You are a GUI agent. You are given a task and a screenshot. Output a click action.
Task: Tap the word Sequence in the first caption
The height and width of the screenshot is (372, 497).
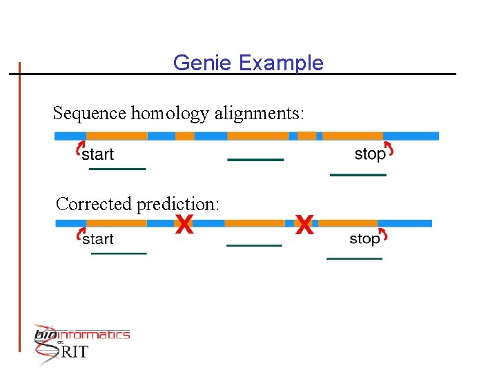(90, 113)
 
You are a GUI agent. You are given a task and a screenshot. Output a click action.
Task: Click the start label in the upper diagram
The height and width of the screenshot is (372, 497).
(98, 154)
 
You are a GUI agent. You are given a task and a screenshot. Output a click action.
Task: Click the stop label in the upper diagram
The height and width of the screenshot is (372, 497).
(370, 154)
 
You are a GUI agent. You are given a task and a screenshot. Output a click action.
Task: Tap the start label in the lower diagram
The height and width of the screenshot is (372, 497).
(98, 239)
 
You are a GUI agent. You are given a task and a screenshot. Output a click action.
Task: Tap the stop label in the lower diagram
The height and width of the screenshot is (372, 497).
(364, 238)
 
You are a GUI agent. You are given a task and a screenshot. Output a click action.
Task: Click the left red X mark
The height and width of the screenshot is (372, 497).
(184, 224)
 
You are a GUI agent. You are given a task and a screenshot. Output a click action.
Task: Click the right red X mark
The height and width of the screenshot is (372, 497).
(304, 224)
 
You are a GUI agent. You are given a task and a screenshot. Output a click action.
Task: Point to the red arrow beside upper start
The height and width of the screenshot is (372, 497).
(79, 149)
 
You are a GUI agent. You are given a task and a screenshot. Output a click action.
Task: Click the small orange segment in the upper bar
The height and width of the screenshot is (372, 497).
(185, 136)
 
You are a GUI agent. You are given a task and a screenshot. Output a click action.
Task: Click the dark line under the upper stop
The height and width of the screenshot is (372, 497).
(358, 175)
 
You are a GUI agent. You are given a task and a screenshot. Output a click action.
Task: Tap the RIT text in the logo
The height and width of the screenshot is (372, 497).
(75, 352)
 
